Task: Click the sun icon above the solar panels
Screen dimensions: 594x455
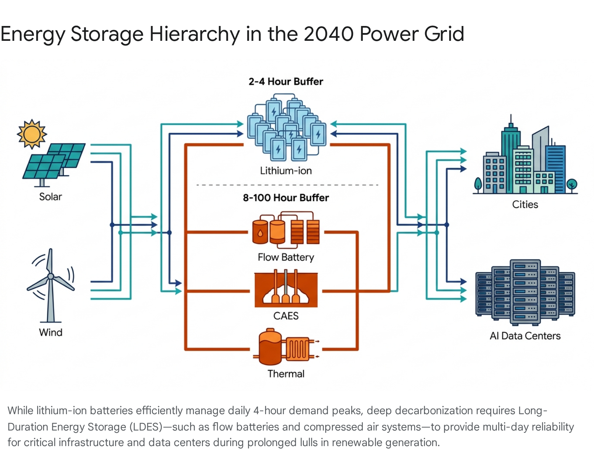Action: (32, 134)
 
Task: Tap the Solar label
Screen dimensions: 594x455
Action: (50, 197)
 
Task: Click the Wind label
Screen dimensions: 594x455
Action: (50, 333)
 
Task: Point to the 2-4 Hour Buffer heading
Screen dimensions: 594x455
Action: (286, 81)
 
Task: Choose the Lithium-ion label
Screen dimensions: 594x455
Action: (286, 171)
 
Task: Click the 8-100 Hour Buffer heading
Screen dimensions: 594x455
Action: (286, 197)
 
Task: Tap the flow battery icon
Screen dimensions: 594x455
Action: (286, 230)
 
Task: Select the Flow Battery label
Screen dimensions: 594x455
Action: (286, 258)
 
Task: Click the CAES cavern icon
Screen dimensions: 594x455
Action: (286, 289)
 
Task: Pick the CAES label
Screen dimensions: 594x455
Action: (286, 316)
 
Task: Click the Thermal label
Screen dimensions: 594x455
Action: (286, 374)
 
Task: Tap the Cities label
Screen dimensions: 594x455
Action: (525, 204)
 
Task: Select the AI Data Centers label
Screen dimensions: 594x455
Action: (525, 336)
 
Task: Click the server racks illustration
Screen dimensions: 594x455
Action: (525, 292)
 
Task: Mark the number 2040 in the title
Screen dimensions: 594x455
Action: (328, 34)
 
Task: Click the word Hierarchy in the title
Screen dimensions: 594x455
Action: (195, 35)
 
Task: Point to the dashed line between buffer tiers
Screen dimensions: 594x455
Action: (287, 185)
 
